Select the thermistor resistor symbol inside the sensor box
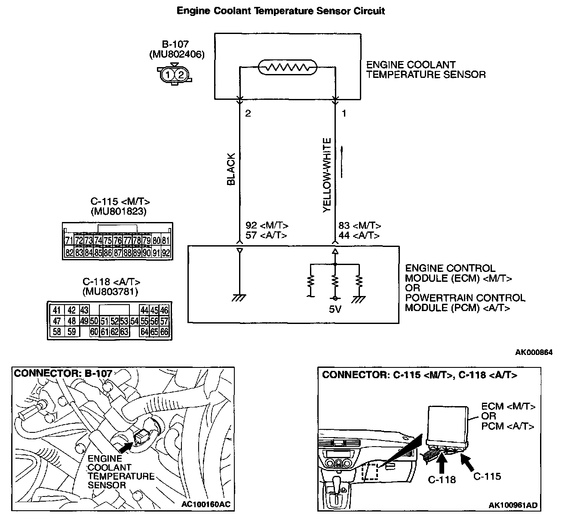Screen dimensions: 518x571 point(287,68)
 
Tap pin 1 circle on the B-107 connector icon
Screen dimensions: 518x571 point(168,75)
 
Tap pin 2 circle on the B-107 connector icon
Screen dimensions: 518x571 point(181,75)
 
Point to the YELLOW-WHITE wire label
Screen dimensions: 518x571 point(327,175)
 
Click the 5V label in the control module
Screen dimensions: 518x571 point(335,309)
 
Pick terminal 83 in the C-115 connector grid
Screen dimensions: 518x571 point(79,253)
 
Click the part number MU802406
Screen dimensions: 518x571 point(176,55)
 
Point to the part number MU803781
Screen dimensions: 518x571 point(111,293)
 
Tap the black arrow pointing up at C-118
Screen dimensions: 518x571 point(442,462)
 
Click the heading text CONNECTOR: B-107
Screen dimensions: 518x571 point(63,373)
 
